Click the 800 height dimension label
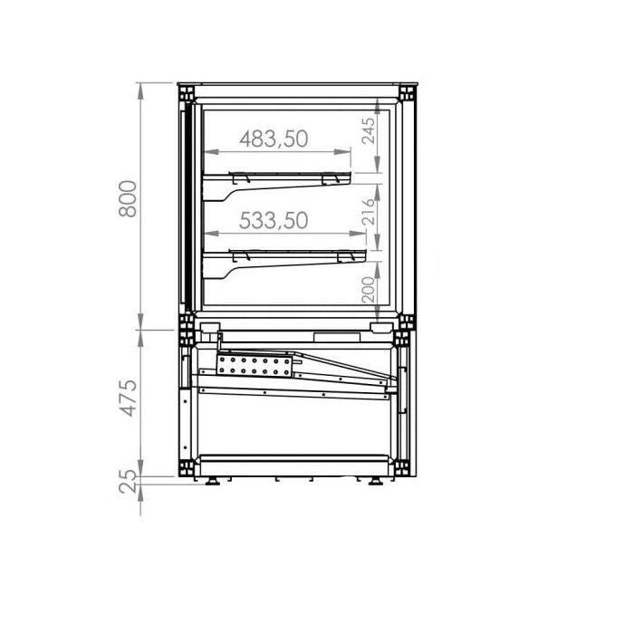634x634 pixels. pos(130,200)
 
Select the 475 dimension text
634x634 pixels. pos(130,399)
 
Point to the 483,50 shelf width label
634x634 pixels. pos(274,139)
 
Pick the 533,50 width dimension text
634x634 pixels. pos(274,220)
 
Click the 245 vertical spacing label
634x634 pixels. pos(367,132)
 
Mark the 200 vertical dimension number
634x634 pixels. pos(367,290)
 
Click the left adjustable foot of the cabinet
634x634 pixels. pos(215,481)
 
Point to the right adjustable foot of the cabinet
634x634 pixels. pos(374,481)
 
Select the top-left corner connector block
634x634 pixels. pos(187,93)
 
